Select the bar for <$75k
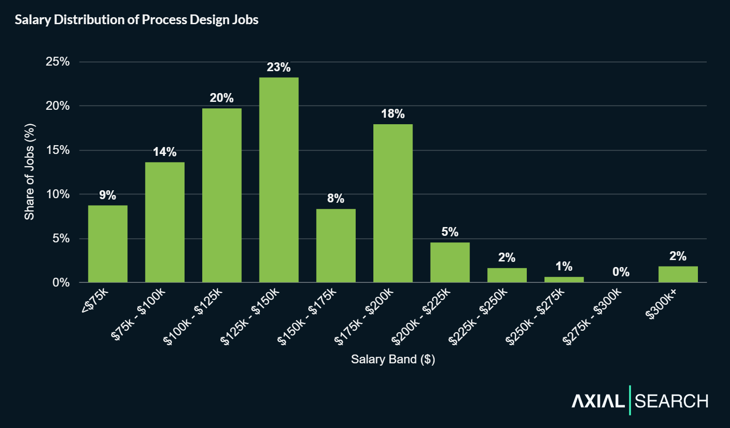point(107,244)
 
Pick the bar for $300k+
point(678,274)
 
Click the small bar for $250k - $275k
point(564,280)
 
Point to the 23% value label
point(279,67)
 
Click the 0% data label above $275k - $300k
point(621,272)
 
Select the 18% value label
point(393,114)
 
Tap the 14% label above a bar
point(165,152)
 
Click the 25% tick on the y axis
point(58,61)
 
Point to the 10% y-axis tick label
point(58,194)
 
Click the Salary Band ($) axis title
point(393,359)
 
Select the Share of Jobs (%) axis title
point(30,172)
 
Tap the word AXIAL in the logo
point(598,401)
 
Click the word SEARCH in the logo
point(671,401)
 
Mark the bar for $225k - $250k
point(507,275)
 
